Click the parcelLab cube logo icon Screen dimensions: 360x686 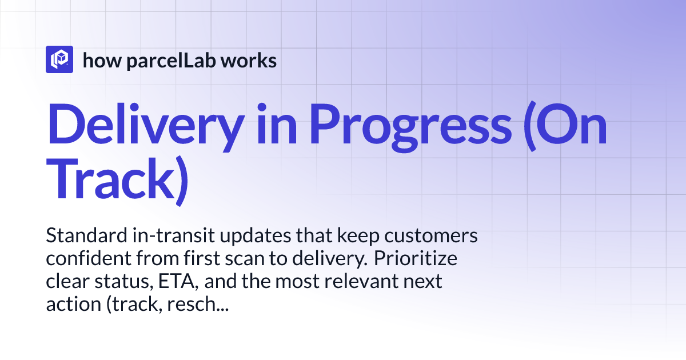click(59, 59)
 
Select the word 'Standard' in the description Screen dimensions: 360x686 click(80, 235)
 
